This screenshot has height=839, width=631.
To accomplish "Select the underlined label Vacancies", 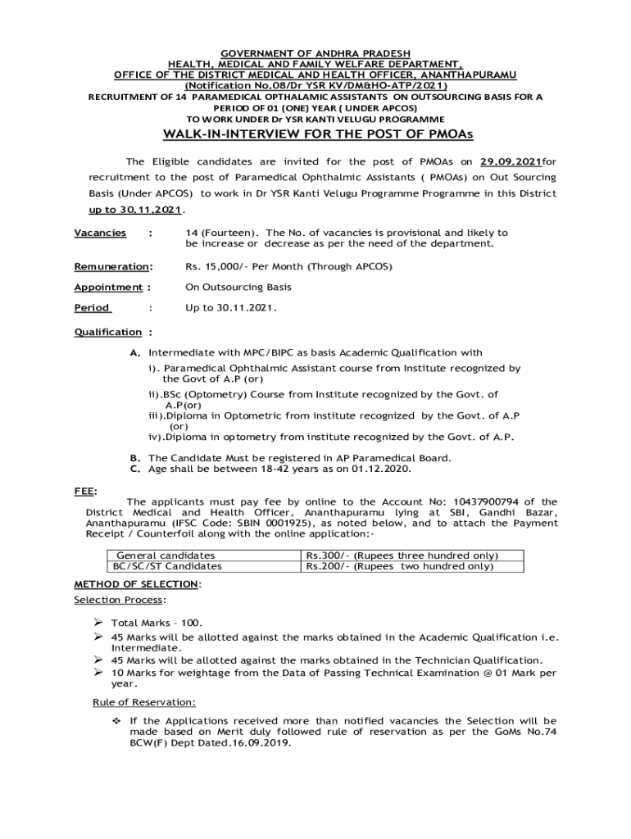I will pos(100,233).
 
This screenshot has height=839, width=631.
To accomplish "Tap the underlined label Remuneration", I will pos(111,266).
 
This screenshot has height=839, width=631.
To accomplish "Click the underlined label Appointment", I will pos(108,287).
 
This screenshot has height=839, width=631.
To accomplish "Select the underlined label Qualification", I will pos(107,332).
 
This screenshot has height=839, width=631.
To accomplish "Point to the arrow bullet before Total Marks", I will pos(98,623).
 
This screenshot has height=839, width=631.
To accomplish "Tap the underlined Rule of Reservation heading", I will pos(143,702).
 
